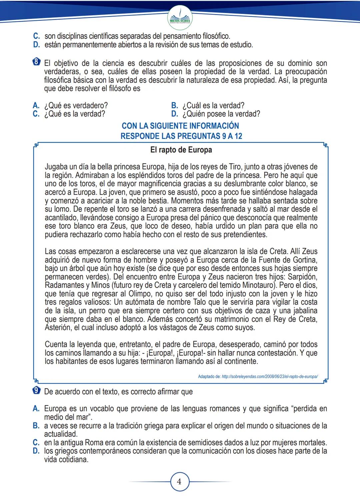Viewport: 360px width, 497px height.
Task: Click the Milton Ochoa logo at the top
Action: pyautogui.click(x=180, y=18)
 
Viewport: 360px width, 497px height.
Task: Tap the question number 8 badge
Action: pyautogui.click(x=37, y=62)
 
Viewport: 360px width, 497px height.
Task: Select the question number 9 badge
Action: pyautogui.click(x=37, y=390)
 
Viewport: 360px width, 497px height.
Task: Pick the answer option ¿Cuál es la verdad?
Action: pyautogui.click(x=213, y=106)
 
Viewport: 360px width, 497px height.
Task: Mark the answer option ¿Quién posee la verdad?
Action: pyautogui.click(x=221, y=114)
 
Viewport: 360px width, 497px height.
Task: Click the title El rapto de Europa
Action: pyautogui.click(x=181, y=150)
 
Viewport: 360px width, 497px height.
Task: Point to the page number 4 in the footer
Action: pyautogui.click(x=179, y=482)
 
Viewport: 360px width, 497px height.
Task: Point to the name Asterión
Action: pyautogui.click(x=58, y=327)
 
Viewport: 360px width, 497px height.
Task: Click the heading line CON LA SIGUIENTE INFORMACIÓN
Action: pyautogui.click(x=180, y=126)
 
